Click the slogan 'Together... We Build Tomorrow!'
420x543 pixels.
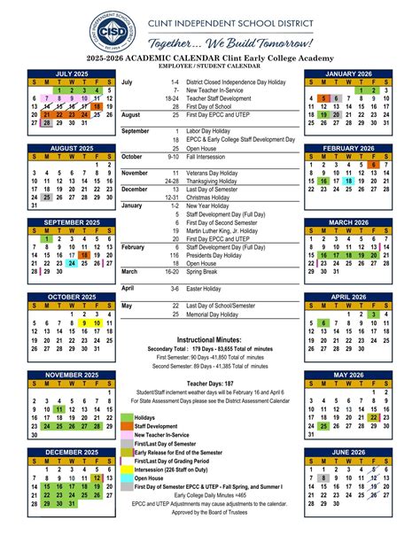231,43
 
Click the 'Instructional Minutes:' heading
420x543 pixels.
214,339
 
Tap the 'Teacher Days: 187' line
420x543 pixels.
214,383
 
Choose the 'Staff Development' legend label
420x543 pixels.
159,426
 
